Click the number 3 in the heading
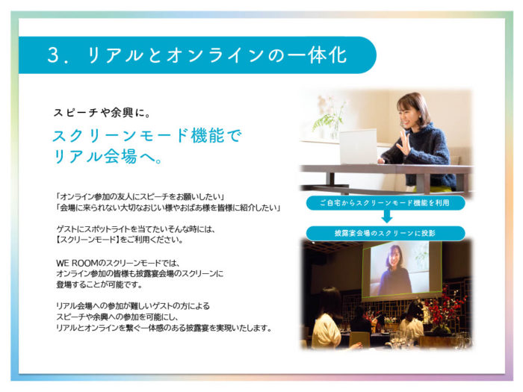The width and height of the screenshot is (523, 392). click(x=53, y=55)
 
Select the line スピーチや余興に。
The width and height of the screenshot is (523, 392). click(x=102, y=113)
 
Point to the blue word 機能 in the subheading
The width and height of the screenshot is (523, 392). click(x=209, y=135)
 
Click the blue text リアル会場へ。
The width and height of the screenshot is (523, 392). click(x=108, y=156)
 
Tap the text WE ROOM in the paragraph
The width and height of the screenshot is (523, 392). click(x=78, y=263)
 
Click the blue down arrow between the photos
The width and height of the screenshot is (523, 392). click(x=386, y=217)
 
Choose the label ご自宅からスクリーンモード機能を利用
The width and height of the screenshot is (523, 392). click(x=386, y=203)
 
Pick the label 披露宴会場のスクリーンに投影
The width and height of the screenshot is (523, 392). click(x=386, y=233)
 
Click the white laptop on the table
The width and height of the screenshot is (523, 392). click(x=359, y=146)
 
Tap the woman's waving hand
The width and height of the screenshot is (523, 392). click(x=405, y=143)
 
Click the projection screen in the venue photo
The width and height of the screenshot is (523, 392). click(x=402, y=270)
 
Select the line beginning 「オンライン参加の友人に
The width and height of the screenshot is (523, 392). click(x=140, y=196)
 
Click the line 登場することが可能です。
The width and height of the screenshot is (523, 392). click(x=99, y=284)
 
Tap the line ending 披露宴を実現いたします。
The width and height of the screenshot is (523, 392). click(x=164, y=328)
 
